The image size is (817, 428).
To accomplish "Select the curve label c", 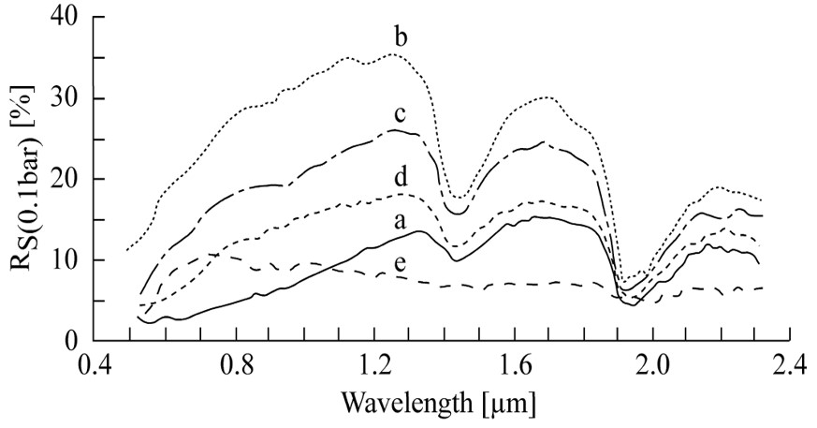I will tap(399, 115).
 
